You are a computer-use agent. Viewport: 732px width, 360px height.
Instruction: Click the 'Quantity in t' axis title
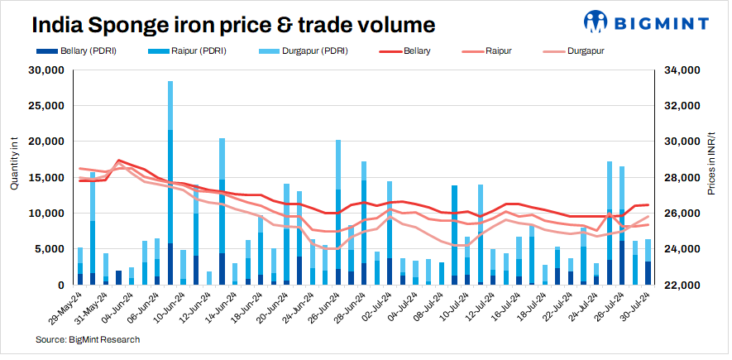14,166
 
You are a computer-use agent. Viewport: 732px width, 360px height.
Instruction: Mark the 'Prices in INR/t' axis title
712,166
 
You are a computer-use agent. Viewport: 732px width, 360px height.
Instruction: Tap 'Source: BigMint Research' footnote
88,339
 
